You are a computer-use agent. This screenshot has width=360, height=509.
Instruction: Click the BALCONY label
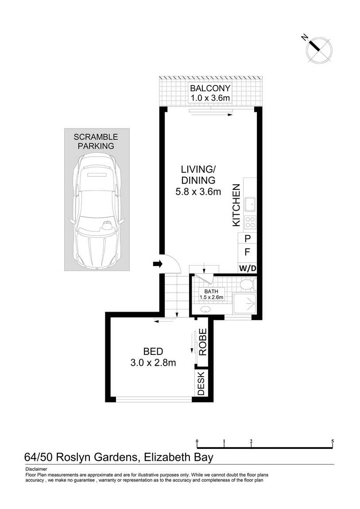point(210,88)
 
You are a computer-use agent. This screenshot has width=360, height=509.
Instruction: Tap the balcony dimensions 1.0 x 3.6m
point(210,98)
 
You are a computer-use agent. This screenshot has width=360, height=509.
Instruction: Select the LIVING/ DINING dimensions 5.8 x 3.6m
point(198,192)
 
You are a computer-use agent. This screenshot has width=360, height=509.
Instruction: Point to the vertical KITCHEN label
point(236,205)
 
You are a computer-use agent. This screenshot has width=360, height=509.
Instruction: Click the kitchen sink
point(250,204)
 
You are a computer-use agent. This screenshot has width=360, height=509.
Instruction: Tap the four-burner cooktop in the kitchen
point(250,222)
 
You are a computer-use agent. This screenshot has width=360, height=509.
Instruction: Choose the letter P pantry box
point(248,238)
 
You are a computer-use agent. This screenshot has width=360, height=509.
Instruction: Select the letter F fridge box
point(248,252)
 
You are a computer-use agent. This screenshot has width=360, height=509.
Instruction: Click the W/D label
point(248,269)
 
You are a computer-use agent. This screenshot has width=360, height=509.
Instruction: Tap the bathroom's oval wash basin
point(205,309)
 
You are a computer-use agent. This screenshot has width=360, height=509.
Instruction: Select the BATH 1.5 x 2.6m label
point(211,294)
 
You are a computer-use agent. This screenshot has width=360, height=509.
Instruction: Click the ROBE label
point(202,342)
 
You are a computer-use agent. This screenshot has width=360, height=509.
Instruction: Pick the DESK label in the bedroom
point(201,383)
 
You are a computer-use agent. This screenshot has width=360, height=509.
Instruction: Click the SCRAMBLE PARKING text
point(96,142)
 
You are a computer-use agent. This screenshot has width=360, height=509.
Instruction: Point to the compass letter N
point(305,38)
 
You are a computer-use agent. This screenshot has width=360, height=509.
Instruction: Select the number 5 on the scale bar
point(333,441)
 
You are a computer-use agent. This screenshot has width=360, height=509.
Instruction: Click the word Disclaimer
point(36,469)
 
